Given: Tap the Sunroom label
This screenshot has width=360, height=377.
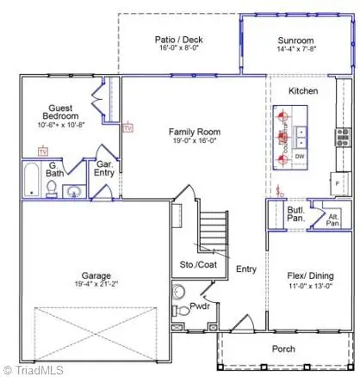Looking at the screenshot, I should point(295,40).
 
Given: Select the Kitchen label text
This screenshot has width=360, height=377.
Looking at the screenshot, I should point(303,90).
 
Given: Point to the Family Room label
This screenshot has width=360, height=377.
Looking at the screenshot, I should point(195,132).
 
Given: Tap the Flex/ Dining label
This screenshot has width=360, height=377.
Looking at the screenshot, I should point(310,276).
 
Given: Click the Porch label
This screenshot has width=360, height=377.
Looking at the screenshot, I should point(283,349).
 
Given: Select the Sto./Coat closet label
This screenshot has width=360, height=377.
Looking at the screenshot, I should point(197,265).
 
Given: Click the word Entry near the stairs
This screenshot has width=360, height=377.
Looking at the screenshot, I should point(246,269).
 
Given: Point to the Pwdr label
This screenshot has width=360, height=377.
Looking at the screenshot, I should point(200,306).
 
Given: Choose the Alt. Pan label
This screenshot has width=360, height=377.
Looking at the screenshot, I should point(332,219).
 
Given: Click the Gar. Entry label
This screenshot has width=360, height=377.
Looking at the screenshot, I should point(105,168).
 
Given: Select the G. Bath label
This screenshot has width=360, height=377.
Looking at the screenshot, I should point(55,170).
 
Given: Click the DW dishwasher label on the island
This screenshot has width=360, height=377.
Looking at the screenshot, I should point(300,157).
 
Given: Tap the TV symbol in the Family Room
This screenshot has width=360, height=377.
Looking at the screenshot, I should point(128,128).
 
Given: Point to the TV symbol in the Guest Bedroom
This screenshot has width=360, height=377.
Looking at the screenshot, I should point(42,151).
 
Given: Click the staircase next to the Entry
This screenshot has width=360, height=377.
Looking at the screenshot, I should point(214,227).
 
